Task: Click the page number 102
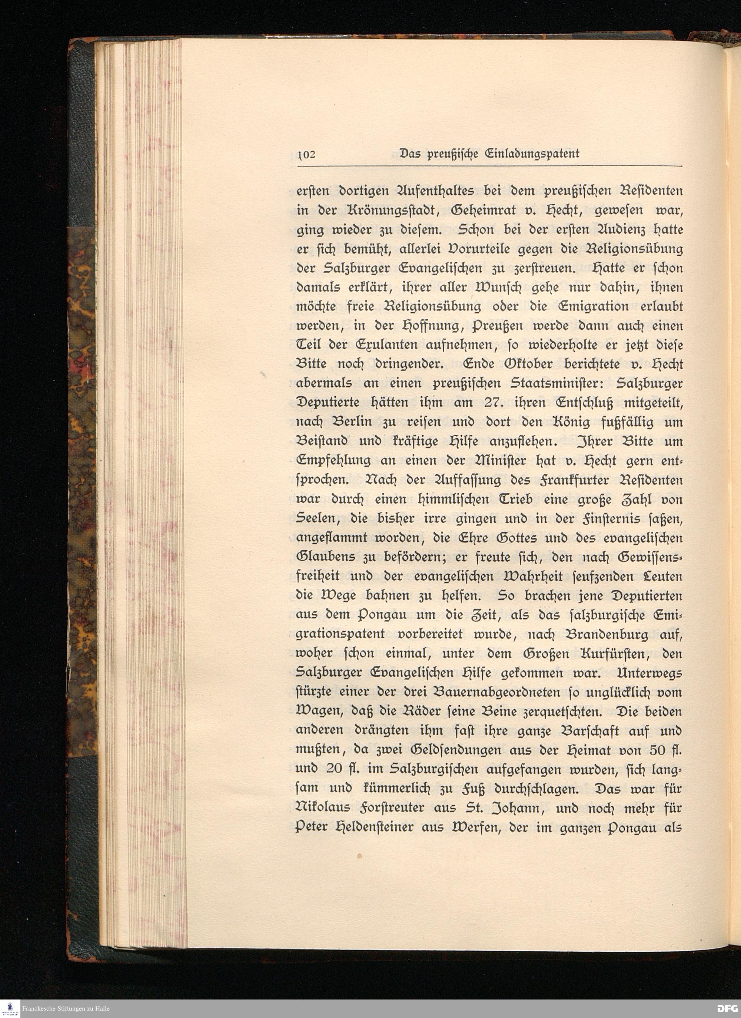[x=307, y=154]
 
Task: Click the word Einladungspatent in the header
[x=532, y=154]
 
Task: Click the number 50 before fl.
[x=658, y=750]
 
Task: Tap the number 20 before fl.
[x=335, y=769]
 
